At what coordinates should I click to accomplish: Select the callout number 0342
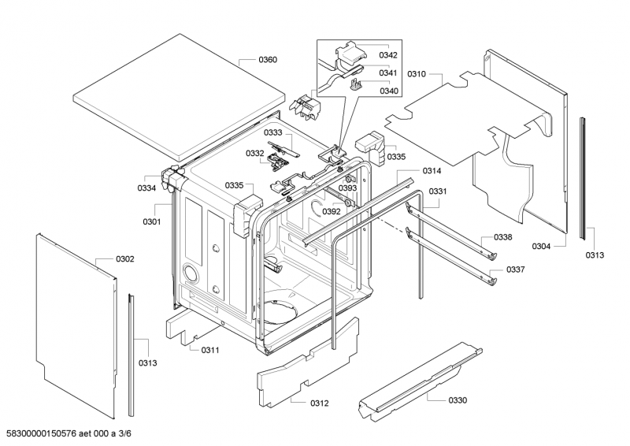[388, 55]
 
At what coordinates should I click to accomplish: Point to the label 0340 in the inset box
[388, 91]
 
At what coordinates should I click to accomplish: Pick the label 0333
[273, 133]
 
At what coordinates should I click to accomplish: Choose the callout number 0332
[254, 154]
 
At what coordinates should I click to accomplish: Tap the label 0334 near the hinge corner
[146, 188]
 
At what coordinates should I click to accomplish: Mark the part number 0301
[151, 221]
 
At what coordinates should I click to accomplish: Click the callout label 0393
[348, 188]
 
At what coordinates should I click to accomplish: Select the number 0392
[332, 211]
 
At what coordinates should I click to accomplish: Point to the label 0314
[432, 171]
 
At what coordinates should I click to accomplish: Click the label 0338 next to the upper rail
[503, 237]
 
